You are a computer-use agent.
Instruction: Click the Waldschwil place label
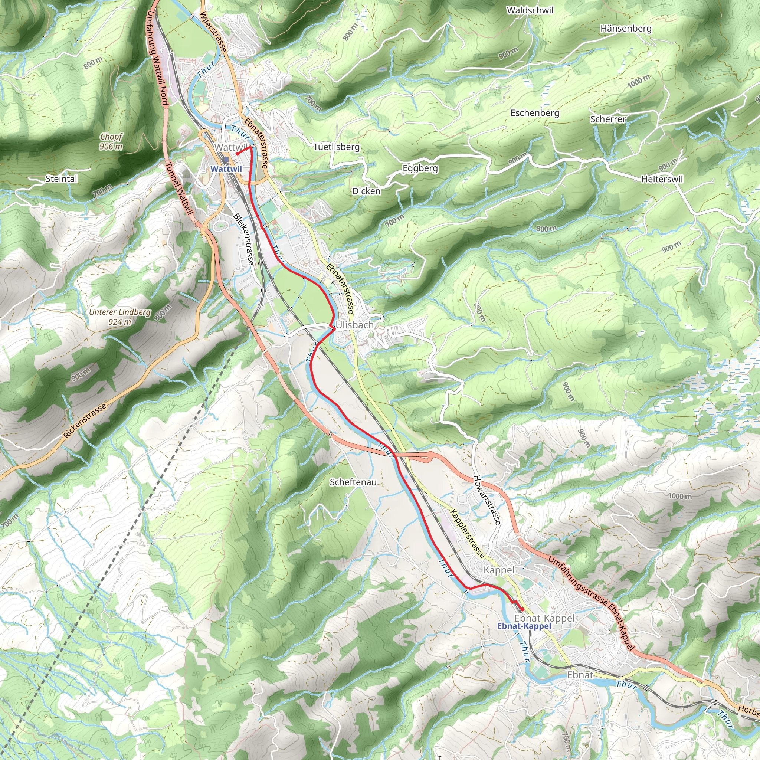click(x=530, y=11)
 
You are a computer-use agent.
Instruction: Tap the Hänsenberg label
click(x=625, y=29)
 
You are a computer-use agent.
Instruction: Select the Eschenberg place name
click(x=535, y=113)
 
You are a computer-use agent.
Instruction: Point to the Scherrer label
click(x=607, y=119)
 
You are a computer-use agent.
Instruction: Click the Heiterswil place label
click(x=662, y=179)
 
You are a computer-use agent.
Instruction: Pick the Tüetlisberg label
click(x=336, y=147)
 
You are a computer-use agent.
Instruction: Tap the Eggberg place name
click(x=420, y=168)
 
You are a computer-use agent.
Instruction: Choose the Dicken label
click(x=366, y=191)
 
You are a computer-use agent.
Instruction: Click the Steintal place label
click(x=61, y=179)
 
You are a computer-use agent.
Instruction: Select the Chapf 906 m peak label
click(x=111, y=142)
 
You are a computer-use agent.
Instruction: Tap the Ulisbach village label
click(x=354, y=325)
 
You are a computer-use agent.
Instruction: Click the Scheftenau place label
click(x=353, y=482)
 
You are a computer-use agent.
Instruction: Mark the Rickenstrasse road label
click(x=85, y=420)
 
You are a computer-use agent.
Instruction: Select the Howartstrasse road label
click(x=487, y=499)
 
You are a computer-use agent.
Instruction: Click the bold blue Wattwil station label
click(x=226, y=169)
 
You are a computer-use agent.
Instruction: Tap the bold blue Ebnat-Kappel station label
click(x=524, y=626)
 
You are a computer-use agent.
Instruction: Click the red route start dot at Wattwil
click(x=238, y=154)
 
